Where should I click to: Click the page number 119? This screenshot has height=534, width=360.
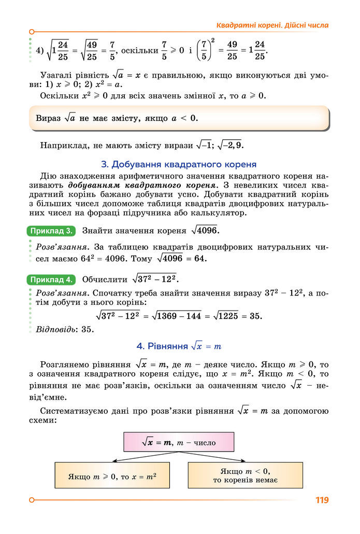coord(321,500)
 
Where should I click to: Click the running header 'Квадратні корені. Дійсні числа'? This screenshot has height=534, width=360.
coord(272,25)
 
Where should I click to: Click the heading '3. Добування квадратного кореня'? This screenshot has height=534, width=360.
coord(179,165)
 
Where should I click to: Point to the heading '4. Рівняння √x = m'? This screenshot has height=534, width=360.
coord(179,346)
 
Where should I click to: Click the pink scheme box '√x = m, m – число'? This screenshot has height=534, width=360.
coord(179,442)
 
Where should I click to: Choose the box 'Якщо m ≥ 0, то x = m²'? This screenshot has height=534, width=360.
coord(112,475)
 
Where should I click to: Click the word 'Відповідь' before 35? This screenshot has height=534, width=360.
coord(54,329)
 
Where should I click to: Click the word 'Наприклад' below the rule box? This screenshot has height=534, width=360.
coord(62,146)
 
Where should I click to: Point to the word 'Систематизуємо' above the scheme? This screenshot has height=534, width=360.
coord(77,411)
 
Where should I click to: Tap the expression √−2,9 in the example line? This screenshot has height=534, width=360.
coord(232,146)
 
